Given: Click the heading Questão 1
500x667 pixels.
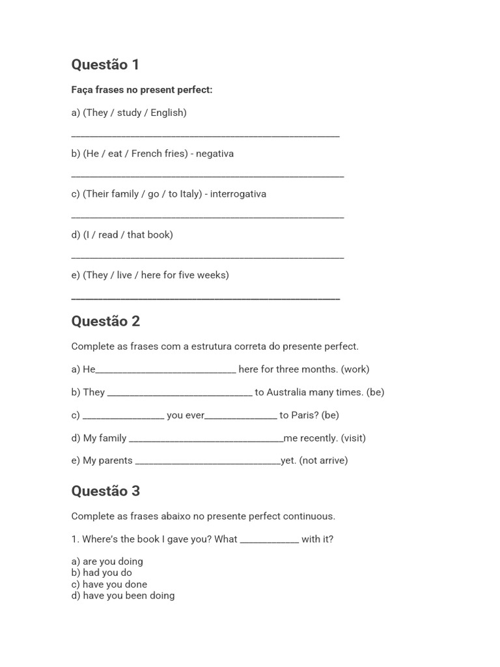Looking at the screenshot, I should (105, 64).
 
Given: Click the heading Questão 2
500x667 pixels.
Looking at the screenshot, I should (105, 321).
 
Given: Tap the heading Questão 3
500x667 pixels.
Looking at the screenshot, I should (105, 491).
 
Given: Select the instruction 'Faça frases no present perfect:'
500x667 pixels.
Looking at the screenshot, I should (142, 90).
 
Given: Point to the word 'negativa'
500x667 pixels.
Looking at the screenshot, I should (215, 154).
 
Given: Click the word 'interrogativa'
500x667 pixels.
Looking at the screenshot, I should (238, 194).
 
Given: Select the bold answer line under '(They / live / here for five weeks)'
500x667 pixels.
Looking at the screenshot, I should (205, 298).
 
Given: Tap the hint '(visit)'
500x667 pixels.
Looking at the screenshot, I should (353, 438).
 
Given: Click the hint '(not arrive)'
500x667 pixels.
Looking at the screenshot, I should (324, 461).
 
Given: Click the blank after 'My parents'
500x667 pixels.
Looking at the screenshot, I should (208, 462).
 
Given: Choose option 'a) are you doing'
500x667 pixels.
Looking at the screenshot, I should (107, 561).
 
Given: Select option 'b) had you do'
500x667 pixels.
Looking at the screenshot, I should (102, 573).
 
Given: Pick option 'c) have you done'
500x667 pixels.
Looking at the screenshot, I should (109, 584).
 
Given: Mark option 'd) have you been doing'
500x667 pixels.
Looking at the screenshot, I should (122, 595).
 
